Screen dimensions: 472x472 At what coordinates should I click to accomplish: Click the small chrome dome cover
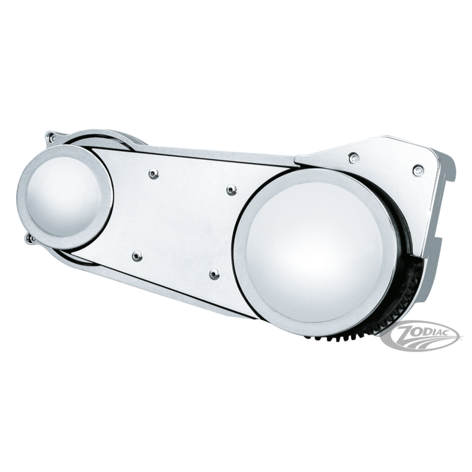click(65, 197)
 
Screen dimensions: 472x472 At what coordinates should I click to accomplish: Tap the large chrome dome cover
click(314, 249)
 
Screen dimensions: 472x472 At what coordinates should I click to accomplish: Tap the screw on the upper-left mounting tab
click(52, 138)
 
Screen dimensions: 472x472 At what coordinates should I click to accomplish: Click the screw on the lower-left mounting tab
click(30, 239)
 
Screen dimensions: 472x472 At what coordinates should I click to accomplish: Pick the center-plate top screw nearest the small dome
click(154, 173)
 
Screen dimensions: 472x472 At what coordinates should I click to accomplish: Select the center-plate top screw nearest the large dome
click(231, 190)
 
